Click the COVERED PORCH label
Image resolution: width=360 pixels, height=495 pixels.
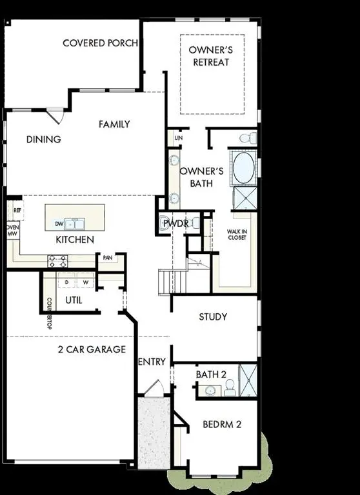pyautogui.click(x=100, y=43)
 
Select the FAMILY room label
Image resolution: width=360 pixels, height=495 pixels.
pyautogui.click(x=114, y=124)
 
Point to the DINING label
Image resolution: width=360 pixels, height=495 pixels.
pyautogui.click(x=44, y=139)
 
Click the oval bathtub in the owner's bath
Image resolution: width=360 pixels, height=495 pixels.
pyautogui.click(x=243, y=168)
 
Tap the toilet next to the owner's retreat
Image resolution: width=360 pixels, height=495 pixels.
pyautogui.click(x=247, y=138)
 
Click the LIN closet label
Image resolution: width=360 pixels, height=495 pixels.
pyautogui.click(x=179, y=138)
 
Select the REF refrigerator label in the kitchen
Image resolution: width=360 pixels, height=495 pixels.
pyautogui.click(x=18, y=210)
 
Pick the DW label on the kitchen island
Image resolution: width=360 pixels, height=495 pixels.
pyautogui.click(x=59, y=224)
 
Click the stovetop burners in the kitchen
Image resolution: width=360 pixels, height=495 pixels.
pyautogui.click(x=57, y=261)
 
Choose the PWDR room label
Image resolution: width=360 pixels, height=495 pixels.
pyautogui.click(x=175, y=223)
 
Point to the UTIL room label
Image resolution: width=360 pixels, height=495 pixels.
pyautogui.click(x=74, y=300)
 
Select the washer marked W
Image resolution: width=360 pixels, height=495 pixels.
pyautogui.click(x=85, y=282)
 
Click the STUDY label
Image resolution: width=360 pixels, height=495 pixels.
pyautogui.click(x=212, y=316)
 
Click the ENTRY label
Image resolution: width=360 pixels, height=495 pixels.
pyautogui.click(x=152, y=362)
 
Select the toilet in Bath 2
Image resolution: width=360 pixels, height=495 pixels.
pyautogui.click(x=230, y=386)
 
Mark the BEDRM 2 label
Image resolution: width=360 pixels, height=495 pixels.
pyautogui.click(x=221, y=424)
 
